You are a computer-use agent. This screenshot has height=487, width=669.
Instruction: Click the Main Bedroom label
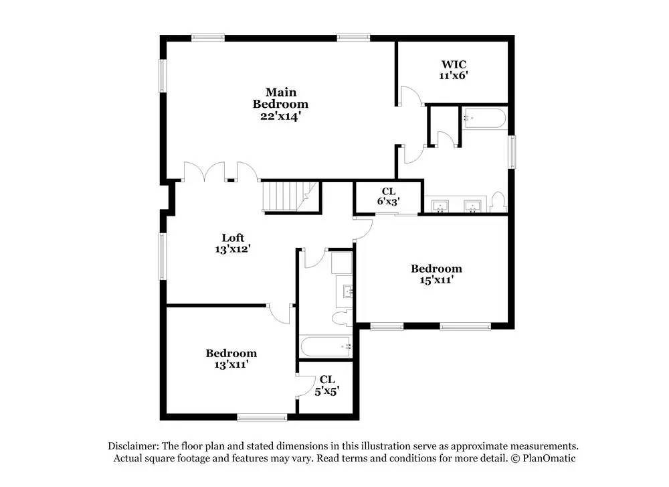tap(280, 105)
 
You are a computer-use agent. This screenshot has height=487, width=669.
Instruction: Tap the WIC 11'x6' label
tap(454, 70)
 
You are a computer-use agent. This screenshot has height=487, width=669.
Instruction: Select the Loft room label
tap(233, 243)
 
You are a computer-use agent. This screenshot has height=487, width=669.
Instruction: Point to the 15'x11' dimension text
tap(436, 280)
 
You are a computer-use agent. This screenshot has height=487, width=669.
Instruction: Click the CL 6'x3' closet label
tap(388, 196)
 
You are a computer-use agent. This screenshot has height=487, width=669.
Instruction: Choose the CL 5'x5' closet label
tap(327, 385)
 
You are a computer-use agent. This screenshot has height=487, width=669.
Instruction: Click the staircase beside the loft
tap(290, 196)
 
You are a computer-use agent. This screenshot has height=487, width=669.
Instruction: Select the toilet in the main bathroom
tap(498, 202)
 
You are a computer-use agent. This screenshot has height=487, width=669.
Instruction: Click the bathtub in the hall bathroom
tap(326, 346)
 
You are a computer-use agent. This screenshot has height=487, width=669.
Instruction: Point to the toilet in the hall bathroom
tap(342, 318)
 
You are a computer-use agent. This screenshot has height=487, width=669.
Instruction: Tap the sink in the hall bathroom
tap(347, 292)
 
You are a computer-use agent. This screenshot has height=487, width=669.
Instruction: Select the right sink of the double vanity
tap(472, 206)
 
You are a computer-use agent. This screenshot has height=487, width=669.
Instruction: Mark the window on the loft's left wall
tap(163, 257)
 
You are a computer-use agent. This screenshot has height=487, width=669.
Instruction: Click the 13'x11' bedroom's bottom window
tap(262, 417)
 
